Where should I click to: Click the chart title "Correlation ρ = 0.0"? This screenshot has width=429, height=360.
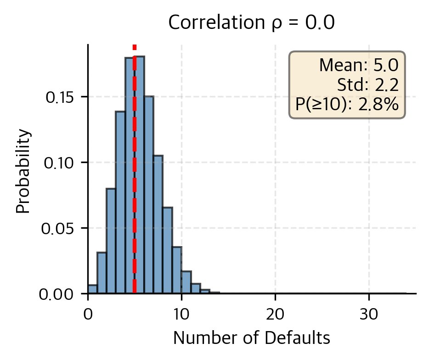(x=251, y=22)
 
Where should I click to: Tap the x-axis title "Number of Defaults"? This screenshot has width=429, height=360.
(x=251, y=338)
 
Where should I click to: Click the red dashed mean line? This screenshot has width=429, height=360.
(x=135, y=184)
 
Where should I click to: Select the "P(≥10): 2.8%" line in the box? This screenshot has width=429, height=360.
(x=347, y=105)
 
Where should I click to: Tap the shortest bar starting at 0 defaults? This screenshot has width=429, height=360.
(x=92, y=289)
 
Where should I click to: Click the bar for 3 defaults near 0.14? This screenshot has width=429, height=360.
(x=120, y=202)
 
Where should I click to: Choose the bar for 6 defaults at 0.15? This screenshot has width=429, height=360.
(x=149, y=195)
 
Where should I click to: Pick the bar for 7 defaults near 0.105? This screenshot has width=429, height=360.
(x=158, y=224)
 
